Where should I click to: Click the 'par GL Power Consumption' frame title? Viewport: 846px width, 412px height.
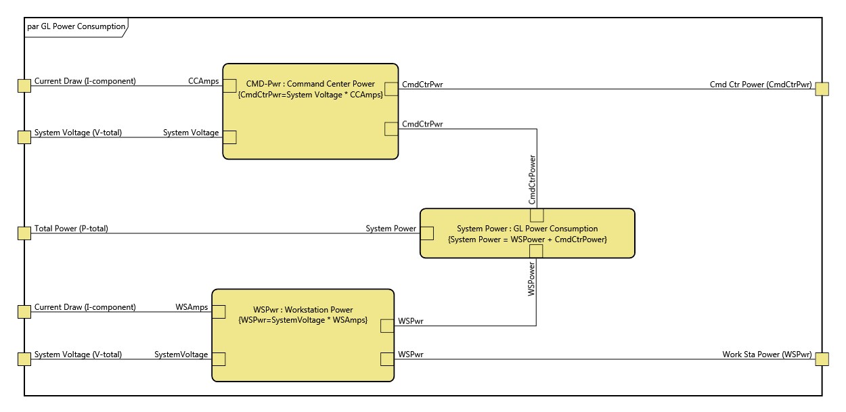click(76, 26)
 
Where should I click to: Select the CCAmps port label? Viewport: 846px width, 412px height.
click(203, 81)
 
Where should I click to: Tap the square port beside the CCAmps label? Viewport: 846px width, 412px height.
click(229, 86)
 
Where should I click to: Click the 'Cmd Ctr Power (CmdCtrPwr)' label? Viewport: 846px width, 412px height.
click(760, 85)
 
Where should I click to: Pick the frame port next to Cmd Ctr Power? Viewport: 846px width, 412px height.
click(822, 89)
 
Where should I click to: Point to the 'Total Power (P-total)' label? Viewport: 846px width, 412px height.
click(71, 229)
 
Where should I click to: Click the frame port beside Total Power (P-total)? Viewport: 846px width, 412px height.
click(24, 233)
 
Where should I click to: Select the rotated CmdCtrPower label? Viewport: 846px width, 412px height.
click(532, 179)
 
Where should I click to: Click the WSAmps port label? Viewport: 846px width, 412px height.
click(192, 307)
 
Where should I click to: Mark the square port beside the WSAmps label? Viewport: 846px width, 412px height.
click(219, 311)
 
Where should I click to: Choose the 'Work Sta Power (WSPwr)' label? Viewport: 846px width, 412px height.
click(767, 354)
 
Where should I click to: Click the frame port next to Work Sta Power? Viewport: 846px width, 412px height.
click(822, 359)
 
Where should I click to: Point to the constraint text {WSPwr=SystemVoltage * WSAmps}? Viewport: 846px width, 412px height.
click(303, 319)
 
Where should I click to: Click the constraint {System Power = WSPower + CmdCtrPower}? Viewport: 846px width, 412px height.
click(527, 239)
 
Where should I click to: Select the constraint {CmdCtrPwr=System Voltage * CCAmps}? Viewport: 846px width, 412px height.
click(311, 94)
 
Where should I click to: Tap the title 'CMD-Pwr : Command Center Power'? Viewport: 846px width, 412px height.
click(311, 84)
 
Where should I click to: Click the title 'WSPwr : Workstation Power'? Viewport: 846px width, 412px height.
click(303, 310)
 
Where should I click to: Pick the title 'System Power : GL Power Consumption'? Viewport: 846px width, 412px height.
click(527, 229)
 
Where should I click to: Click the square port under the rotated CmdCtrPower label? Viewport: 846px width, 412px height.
click(537, 215)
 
